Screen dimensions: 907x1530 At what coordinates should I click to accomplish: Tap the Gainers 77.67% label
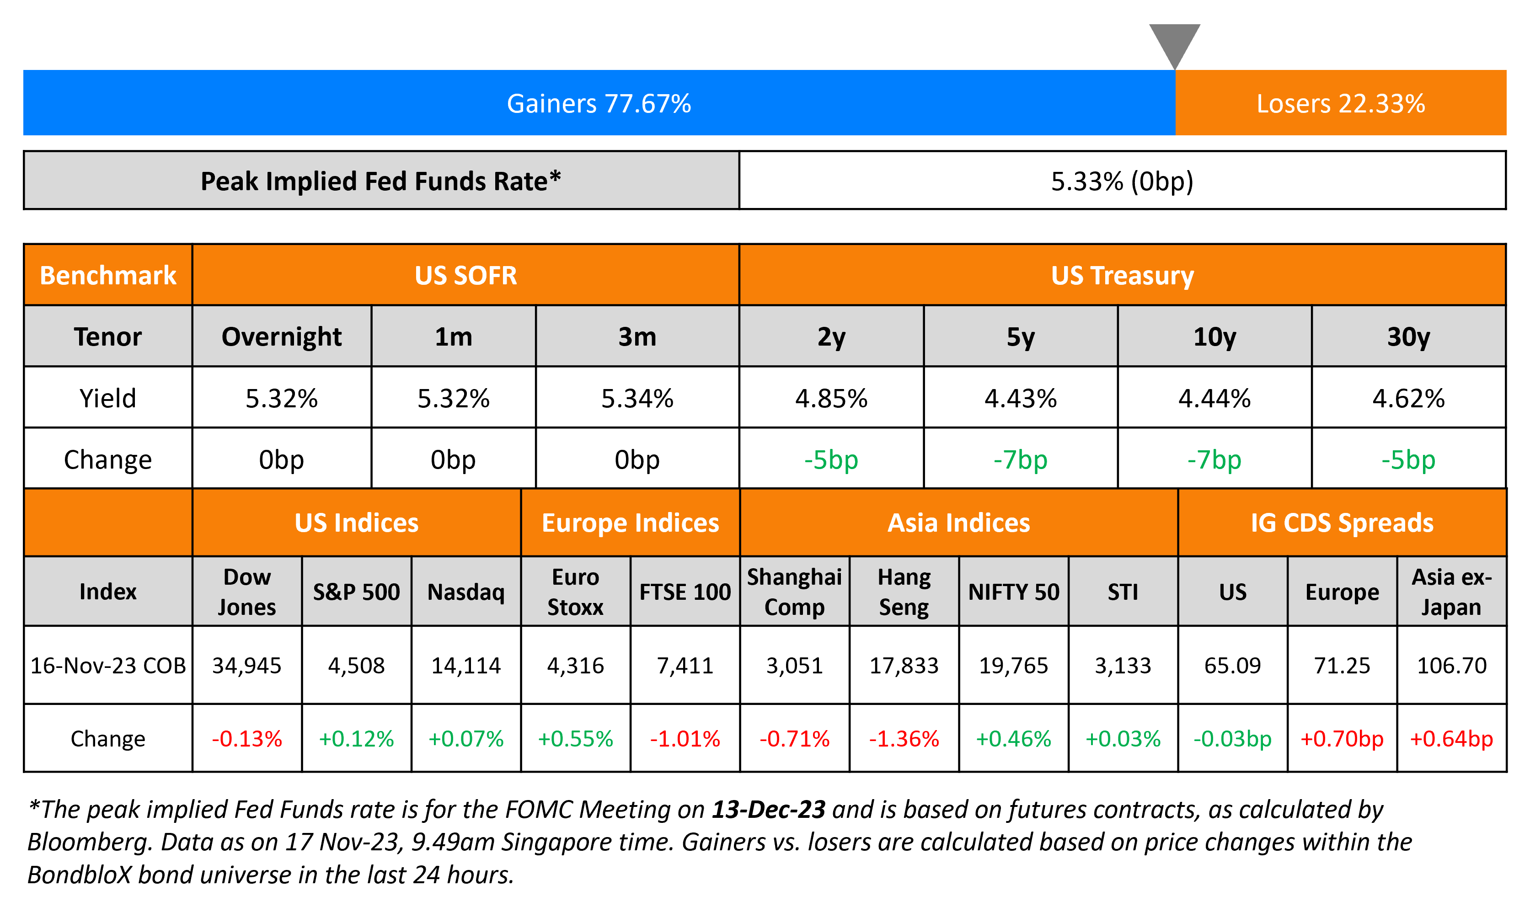(x=599, y=103)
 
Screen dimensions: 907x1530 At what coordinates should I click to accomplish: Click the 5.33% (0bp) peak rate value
(x=1122, y=181)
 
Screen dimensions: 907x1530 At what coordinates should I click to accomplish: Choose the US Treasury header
(x=1122, y=275)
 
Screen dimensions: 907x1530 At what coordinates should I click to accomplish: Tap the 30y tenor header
(x=1408, y=337)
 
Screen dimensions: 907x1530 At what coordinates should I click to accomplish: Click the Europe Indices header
(x=630, y=523)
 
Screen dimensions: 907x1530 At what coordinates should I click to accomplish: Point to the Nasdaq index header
(x=466, y=592)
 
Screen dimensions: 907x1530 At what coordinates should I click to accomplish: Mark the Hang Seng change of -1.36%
(x=904, y=738)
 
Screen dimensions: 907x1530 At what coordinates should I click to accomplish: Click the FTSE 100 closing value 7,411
(x=685, y=665)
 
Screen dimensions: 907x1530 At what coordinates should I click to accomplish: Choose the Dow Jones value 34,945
(x=246, y=665)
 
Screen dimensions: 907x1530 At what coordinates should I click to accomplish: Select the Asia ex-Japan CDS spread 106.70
(x=1451, y=665)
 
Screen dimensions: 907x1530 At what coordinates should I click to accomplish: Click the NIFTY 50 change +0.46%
(x=1013, y=738)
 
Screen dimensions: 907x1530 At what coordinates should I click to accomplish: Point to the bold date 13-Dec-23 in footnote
(x=768, y=809)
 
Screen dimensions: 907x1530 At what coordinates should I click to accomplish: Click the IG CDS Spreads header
(x=1342, y=523)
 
